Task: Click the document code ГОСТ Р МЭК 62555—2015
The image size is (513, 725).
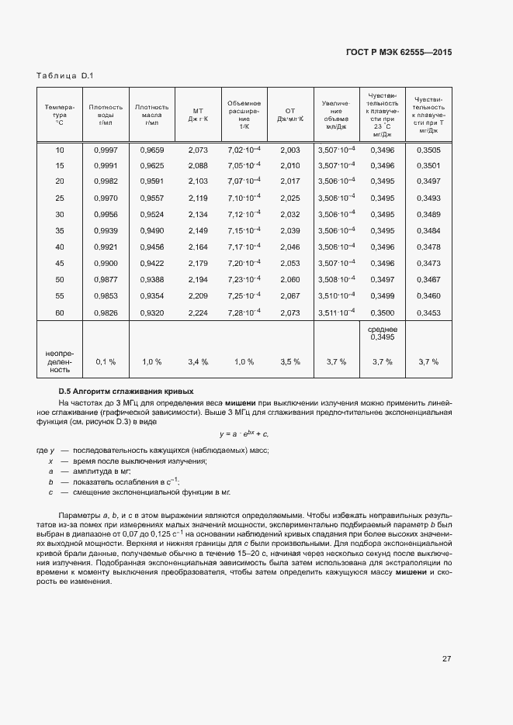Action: coord(399,52)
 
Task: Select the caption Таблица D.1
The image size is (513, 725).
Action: coord(64,75)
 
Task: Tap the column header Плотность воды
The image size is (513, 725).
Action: coord(106,115)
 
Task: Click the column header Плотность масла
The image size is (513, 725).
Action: coord(151,115)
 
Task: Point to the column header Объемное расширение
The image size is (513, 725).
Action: coord(244,115)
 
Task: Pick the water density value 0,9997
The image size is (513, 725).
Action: coord(106,150)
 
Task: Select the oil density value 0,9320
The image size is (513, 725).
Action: coord(151,312)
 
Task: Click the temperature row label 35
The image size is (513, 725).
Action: coord(60,231)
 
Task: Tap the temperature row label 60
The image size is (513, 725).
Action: coord(60,312)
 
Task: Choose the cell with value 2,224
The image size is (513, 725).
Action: coord(198,312)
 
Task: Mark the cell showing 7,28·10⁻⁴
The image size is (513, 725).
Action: coord(244,312)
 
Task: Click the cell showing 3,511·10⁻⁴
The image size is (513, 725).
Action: coord(336,312)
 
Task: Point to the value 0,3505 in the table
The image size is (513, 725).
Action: coord(428,150)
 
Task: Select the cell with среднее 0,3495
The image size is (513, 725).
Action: coord(382,333)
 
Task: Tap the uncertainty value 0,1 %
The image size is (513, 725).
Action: coord(106,361)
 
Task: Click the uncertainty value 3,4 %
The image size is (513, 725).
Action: coord(198,361)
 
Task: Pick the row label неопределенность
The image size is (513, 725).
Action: coord(60,361)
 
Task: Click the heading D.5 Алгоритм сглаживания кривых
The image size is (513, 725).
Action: coord(127,391)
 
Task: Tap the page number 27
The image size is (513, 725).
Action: coord(446,659)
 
